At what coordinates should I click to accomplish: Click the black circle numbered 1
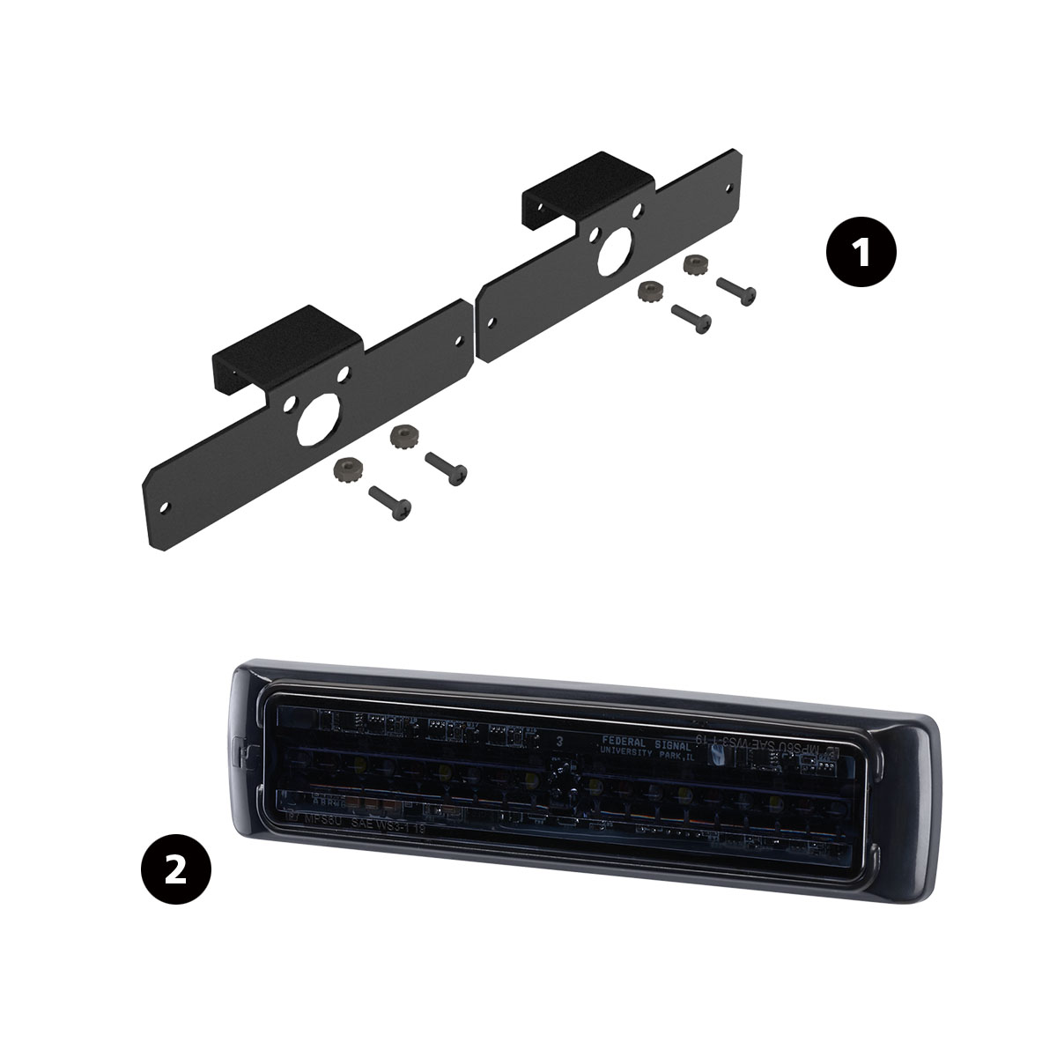pyautogui.click(x=860, y=252)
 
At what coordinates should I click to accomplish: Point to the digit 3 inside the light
pyautogui.click(x=558, y=741)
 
